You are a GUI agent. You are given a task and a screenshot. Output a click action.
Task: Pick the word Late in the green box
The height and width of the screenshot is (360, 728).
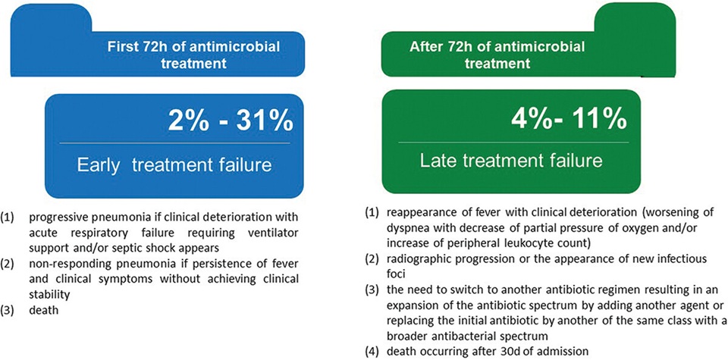[x=441, y=161]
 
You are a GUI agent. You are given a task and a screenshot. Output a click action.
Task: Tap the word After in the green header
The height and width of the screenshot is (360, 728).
[x=425, y=46]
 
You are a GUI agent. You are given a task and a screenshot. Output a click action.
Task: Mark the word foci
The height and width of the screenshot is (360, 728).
[x=394, y=273]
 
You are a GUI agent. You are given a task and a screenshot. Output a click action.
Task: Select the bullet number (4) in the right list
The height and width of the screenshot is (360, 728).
[x=372, y=351]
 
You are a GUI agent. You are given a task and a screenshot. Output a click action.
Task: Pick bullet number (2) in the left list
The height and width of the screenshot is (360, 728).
[x=8, y=265]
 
